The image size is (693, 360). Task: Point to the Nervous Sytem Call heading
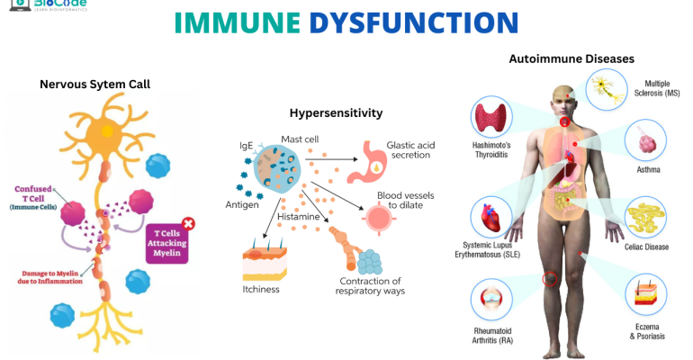pyautogui.click(x=94, y=84)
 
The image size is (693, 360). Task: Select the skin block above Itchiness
pyautogui.click(x=264, y=265)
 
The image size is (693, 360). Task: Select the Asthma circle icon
pyautogui.click(x=643, y=142)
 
